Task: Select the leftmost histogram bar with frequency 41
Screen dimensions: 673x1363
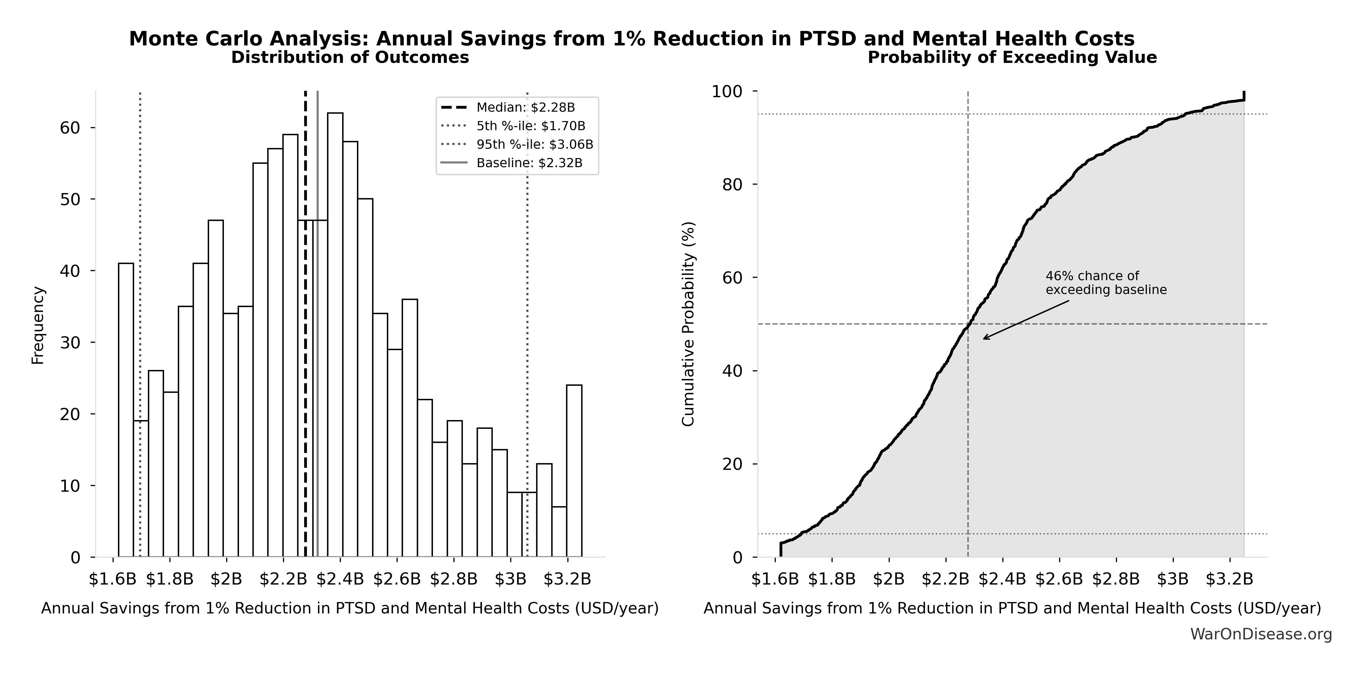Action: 126,410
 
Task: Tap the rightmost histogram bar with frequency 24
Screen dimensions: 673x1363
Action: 574,471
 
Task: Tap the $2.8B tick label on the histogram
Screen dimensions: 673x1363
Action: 453,579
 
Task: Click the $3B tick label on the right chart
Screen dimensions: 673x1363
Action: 1173,579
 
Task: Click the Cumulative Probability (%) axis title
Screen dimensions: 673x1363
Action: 688,324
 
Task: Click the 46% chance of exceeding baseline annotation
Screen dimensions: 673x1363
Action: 1106,283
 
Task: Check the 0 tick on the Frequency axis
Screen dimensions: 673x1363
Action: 75,558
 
